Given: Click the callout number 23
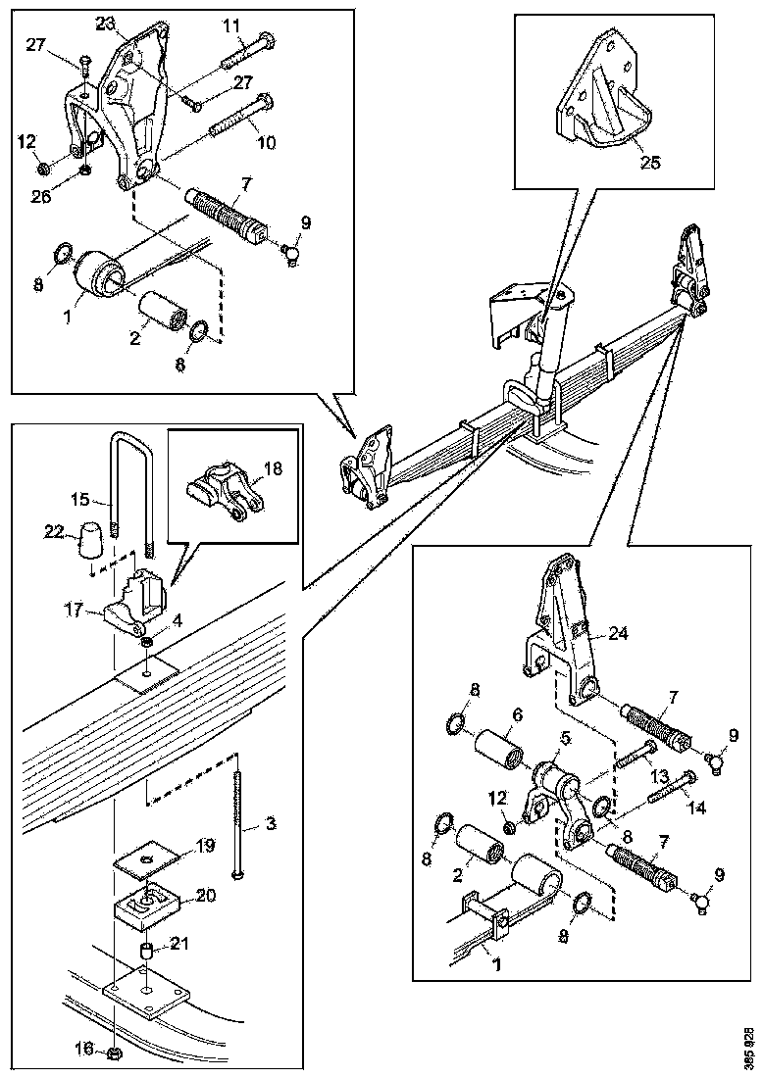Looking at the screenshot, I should tap(105, 23).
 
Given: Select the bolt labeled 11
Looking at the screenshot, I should tap(246, 48).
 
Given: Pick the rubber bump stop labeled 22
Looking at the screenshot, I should tap(90, 538).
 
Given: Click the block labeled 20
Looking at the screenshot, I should tap(144, 910).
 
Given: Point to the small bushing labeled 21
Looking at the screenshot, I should tap(145, 952).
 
